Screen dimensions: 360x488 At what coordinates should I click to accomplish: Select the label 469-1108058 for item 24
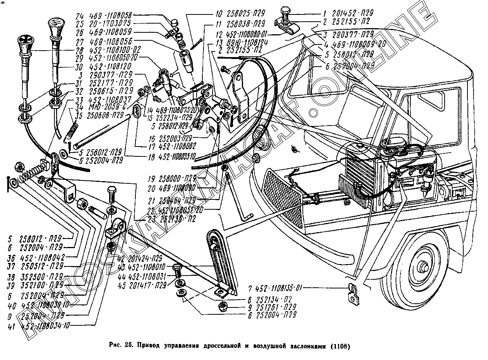[110, 16]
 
